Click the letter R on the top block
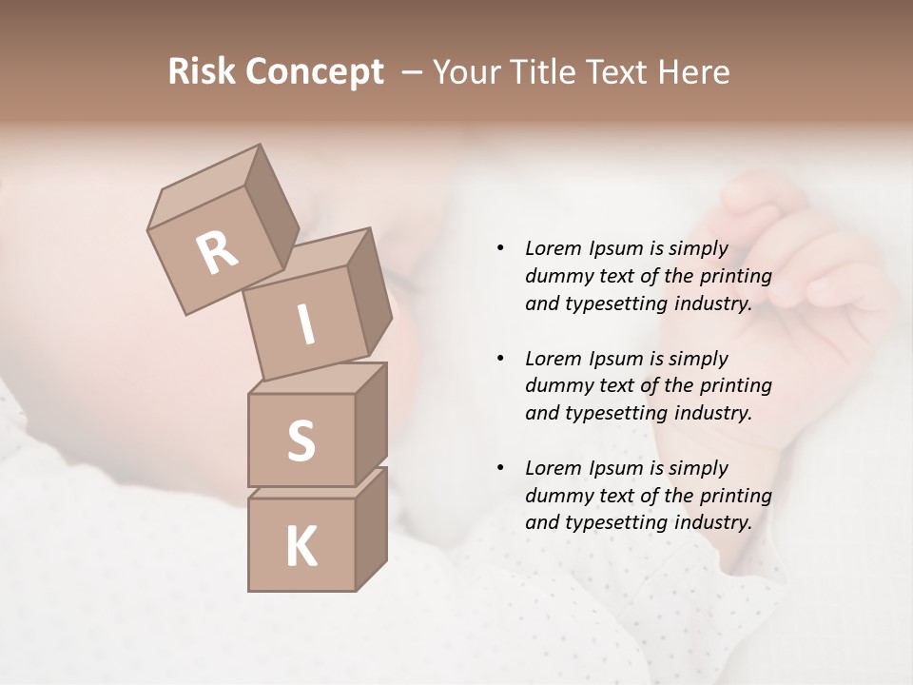tap(218, 253)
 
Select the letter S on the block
tap(301, 440)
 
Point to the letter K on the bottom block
tap(301, 547)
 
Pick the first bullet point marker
tap(500, 249)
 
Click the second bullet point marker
tap(500, 359)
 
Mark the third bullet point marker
tap(500, 468)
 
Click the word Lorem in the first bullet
tap(554, 249)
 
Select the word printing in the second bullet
tap(735, 386)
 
